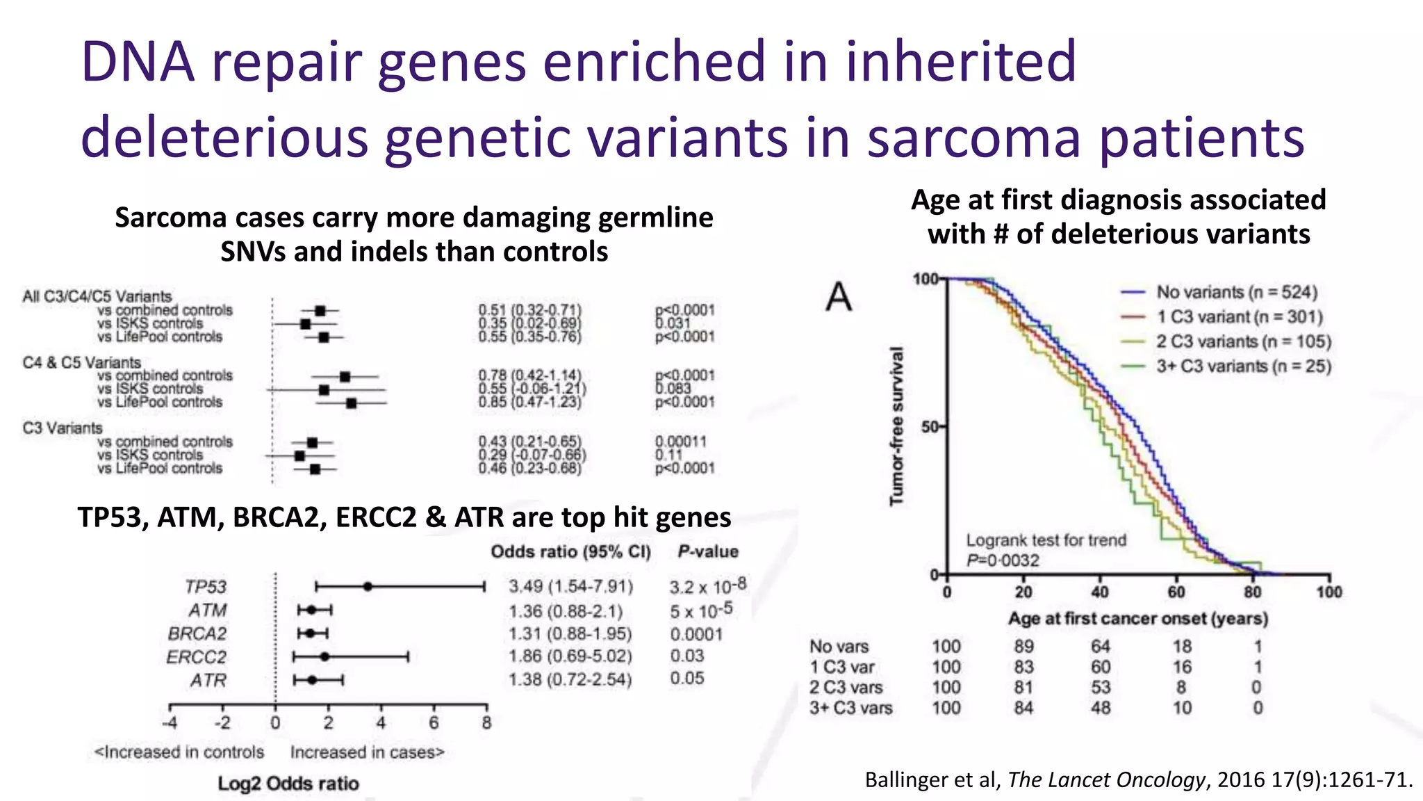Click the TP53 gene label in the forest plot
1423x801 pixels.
point(206,587)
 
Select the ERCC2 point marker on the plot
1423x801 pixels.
point(324,656)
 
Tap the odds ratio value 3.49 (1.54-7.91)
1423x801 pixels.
point(570,586)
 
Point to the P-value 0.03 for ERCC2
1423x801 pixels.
point(686,656)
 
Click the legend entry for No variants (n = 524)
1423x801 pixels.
point(1236,292)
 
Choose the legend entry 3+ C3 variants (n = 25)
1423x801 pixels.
point(1243,366)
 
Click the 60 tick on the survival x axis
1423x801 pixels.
point(1176,592)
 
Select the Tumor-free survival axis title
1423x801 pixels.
point(897,426)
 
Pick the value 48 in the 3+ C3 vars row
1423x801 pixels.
point(1101,708)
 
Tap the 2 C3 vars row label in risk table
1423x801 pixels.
point(846,688)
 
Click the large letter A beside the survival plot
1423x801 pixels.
point(839,298)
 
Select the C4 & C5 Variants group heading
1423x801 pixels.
point(81,362)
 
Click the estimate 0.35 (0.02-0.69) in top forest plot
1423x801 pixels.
point(529,323)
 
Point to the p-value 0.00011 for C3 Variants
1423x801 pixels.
point(680,442)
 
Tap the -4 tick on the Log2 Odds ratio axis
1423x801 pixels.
point(170,723)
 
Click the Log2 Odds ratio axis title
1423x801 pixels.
point(288,784)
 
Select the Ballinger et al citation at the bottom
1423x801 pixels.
point(1138,779)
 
